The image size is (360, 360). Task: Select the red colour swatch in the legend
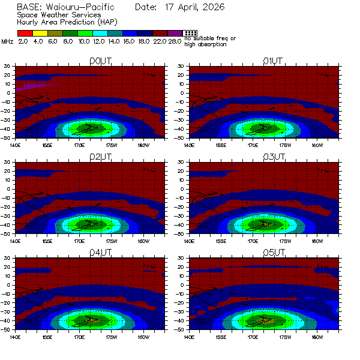[x=25, y=33]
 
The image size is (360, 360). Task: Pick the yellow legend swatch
[x=40, y=33]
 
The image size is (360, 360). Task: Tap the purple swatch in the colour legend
[x=175, y=33]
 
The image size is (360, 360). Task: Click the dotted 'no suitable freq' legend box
[x=190, y=33]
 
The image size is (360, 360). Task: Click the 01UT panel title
[x=273, y=61]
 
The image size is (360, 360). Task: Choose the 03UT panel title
[x=273, y=157]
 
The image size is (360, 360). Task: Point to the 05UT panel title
[x=273, y=253]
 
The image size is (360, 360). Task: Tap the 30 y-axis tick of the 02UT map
[x=8, y=162]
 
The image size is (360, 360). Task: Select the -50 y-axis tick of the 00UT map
[x=7, y=138]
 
